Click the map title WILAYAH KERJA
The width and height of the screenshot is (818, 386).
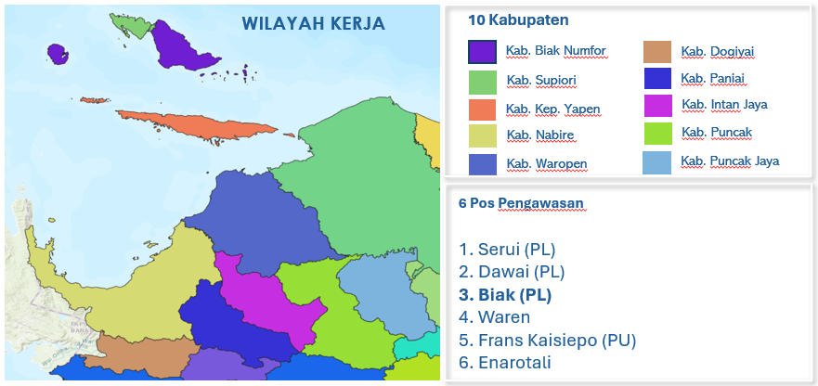coord(313,23)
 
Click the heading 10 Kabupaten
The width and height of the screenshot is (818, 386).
coord(518,19)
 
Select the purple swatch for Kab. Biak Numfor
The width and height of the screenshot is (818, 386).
coord(483,52)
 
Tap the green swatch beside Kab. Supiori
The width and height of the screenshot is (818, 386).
coord(483,81)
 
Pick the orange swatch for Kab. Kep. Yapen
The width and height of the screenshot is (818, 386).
coord(483,109)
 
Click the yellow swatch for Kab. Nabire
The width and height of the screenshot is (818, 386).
coord(483,135)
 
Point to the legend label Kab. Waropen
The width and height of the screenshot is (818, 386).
coord(546,164)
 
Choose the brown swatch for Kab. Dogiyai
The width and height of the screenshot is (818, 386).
coord(657,51)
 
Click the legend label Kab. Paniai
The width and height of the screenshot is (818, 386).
coord(712,78)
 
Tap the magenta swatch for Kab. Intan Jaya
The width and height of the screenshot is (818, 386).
coord(657,105)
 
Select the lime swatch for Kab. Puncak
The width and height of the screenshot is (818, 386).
coord(657,133)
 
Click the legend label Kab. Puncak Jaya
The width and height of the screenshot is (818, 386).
coord(729,161)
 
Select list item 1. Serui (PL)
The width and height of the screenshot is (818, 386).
coord(508,250)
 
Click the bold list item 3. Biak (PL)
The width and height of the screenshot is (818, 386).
coord(505,295)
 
